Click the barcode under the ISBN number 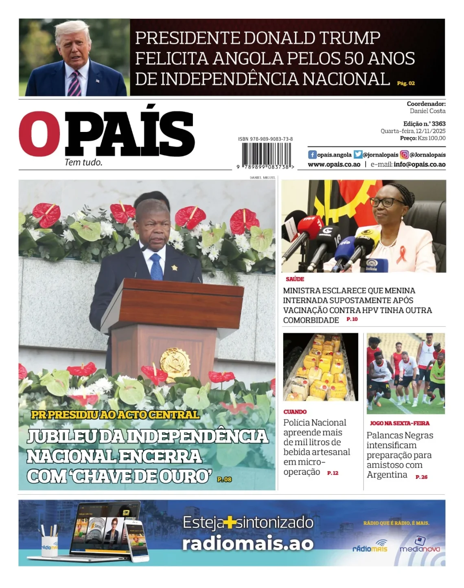(266, 154)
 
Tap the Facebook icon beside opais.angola (312, 155)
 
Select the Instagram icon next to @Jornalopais (404, 155)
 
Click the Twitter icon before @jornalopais (358, 155)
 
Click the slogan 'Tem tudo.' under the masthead (83, 162)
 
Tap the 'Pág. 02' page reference (406, 83)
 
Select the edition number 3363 (438, 124)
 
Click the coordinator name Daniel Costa (427, 111)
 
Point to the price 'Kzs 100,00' (431, 138)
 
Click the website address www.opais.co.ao (334, 165)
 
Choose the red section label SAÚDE (295, 279)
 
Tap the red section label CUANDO (295, 412)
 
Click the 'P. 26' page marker (421, 477)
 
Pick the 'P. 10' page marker (352, 319)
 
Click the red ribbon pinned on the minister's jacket (402, 254)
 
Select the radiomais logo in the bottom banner (370, 547)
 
